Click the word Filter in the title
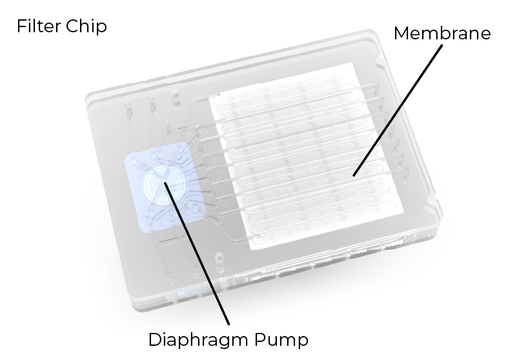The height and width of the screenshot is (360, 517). click(x=39, y=26)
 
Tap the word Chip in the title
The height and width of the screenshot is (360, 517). click(x=86, y=26)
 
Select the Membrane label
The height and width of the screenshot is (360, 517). click(x=442, y=34)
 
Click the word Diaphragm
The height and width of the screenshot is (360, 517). click(x=199, y=340)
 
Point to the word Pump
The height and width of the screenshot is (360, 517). click(x=281, y=340)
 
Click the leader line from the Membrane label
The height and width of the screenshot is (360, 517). click(x=398, y=110)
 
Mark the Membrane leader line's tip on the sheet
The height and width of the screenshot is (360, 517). click(x=353, y=175)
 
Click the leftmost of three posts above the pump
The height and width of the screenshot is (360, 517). click(x=128, y=110)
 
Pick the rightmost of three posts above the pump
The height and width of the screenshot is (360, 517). click(x=176, y=99)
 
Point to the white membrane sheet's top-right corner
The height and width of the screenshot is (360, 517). click(x=353, y=63)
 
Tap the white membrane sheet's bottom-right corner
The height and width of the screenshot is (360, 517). click(x=403, y=213)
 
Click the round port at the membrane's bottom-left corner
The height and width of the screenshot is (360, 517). click(x=256, y=236)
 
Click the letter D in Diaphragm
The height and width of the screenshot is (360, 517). click(x=155, y=339)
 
